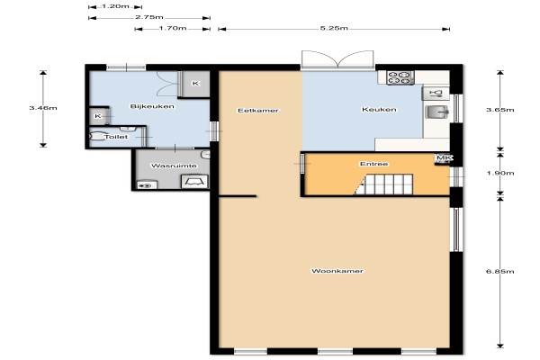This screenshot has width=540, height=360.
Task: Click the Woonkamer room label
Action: pyautogui.click(x=337, y=271)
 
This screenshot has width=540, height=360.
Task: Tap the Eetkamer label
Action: pyautogui.click(x=258, y=111)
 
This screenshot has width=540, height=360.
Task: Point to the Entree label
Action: pyautogui.click(x=374, y=164)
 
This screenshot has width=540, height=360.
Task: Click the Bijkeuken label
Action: pyautogui.click(x=152, y=106)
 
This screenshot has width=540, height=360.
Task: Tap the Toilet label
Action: pyautogui.click(x=116, y=137)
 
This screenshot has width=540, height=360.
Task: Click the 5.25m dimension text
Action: pyautogui.click(x=334, y=28)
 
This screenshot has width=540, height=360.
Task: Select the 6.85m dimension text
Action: pyautogui.click(x=500, y=272)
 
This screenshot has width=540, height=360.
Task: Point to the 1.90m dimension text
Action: pyautogui.click(x=500, y=173)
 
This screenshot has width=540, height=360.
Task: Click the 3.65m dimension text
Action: pyautogui.click(x=500, y=110)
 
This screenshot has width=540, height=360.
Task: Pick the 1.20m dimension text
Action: pyautogui.click(x=115, y=6)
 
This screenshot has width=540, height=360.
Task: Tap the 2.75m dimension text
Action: pyautogui.click(x=149, y=17)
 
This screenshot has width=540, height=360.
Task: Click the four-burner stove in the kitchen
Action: pyautogui.click(x=400, y=78)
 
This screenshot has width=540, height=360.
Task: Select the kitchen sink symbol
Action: pyautogui.click(x=436, y=112)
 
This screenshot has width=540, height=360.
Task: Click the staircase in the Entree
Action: pyautogui.click(x=384, y=184)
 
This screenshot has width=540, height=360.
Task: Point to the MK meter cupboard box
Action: pyautogui.click(x=443, y=158)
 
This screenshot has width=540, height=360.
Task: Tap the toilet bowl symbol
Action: pyautogui.click(x=97, y=137)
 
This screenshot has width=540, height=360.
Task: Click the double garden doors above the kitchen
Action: pyautogui.click(x=337, y=59)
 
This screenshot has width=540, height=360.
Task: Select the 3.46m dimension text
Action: pyautogui.click(x=43, y=108)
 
